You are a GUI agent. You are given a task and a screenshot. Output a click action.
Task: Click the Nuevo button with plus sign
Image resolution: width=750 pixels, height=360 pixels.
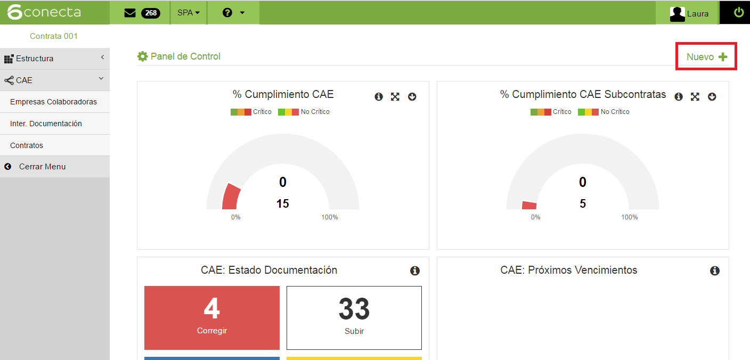706,57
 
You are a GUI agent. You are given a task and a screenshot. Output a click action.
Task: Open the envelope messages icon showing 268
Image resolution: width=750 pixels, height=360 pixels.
131,13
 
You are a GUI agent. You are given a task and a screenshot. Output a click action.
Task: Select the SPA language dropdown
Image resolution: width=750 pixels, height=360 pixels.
189,13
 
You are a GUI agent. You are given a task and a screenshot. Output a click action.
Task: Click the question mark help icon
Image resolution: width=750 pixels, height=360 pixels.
227,13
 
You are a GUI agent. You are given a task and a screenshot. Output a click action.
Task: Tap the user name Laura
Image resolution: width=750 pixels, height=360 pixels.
697,14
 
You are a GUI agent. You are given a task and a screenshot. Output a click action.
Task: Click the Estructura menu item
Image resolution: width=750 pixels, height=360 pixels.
35,59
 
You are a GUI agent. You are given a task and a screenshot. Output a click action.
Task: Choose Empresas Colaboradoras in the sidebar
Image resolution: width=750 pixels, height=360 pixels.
53,102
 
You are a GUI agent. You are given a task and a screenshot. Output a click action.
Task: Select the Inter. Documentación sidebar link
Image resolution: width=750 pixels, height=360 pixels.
46,124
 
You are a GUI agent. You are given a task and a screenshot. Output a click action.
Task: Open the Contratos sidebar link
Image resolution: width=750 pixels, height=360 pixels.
27,145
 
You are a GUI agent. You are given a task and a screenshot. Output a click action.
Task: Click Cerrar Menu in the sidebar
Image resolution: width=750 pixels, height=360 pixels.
42,167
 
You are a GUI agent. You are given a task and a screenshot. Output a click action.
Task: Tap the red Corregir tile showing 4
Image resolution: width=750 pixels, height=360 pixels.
212,317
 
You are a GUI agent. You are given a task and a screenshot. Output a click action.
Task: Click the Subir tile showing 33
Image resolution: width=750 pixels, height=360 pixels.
354,317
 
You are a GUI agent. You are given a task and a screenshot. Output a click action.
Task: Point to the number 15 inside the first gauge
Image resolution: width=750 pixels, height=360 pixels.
283,203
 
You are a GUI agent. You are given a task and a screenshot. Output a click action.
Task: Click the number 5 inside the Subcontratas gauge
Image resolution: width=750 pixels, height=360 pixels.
583,203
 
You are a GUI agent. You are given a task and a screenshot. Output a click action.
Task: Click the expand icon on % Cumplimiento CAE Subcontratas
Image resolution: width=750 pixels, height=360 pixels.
695,96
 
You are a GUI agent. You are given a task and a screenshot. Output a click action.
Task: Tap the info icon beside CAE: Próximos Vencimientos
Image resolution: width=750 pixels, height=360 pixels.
715,271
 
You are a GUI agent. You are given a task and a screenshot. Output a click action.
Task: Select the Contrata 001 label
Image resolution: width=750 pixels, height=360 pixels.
54,36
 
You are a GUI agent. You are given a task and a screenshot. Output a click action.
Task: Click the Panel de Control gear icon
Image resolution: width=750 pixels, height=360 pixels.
142,56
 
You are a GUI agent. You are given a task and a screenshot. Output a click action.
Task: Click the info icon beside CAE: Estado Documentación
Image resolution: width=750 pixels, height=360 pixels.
415,271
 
